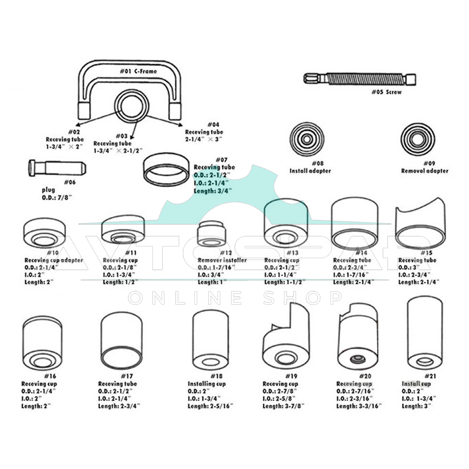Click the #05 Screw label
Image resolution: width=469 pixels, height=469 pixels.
386,92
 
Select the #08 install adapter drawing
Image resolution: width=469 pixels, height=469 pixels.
307,139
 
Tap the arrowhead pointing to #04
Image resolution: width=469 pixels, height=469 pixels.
181,126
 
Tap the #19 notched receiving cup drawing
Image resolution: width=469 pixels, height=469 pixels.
287,338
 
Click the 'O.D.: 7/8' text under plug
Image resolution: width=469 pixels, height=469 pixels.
58,198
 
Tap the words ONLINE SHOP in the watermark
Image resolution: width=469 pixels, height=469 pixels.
235,298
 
